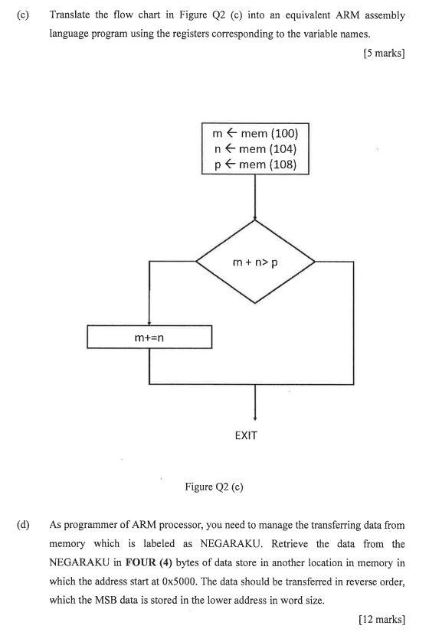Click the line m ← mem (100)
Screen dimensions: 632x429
pyautogui.click(x=254, y=133)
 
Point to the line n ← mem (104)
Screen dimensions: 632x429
pyautogui.click(x=254, y=148)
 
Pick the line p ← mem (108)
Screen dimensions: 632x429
pyautogui.click(x=254, y=164)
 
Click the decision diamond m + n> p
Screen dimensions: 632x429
pyautogui.click(x=255, y=262)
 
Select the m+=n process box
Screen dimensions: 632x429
pyautogui.click(x=149, y=337)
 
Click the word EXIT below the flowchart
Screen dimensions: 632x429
pyautogui.click(x=246, y=435)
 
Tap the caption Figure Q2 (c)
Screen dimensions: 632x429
pyautogui.click(x=214, y=487)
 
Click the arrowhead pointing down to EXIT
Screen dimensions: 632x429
pyautogui.click(x=254, y=416)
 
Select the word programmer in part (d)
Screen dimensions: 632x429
pyautogui.click(x=91, y=526)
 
